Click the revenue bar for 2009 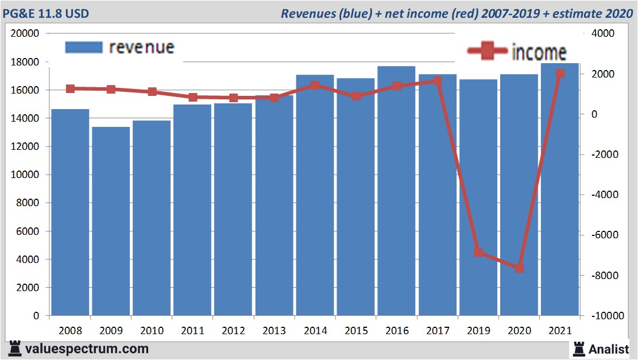click(111, 221)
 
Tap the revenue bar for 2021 click(560, 189)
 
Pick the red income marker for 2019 click(479, 252)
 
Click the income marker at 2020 click(520, 268)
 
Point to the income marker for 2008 click(70, 88)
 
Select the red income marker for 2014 click(315, 85)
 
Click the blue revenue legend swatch click(83, 47)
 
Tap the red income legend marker click(487, 51)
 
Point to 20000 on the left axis click(25, 33)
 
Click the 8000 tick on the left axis click(28, 203)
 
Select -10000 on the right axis click(602, 316)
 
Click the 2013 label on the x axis click(274, 331)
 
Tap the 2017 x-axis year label click(438, 331)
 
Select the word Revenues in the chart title click(308, 13)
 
